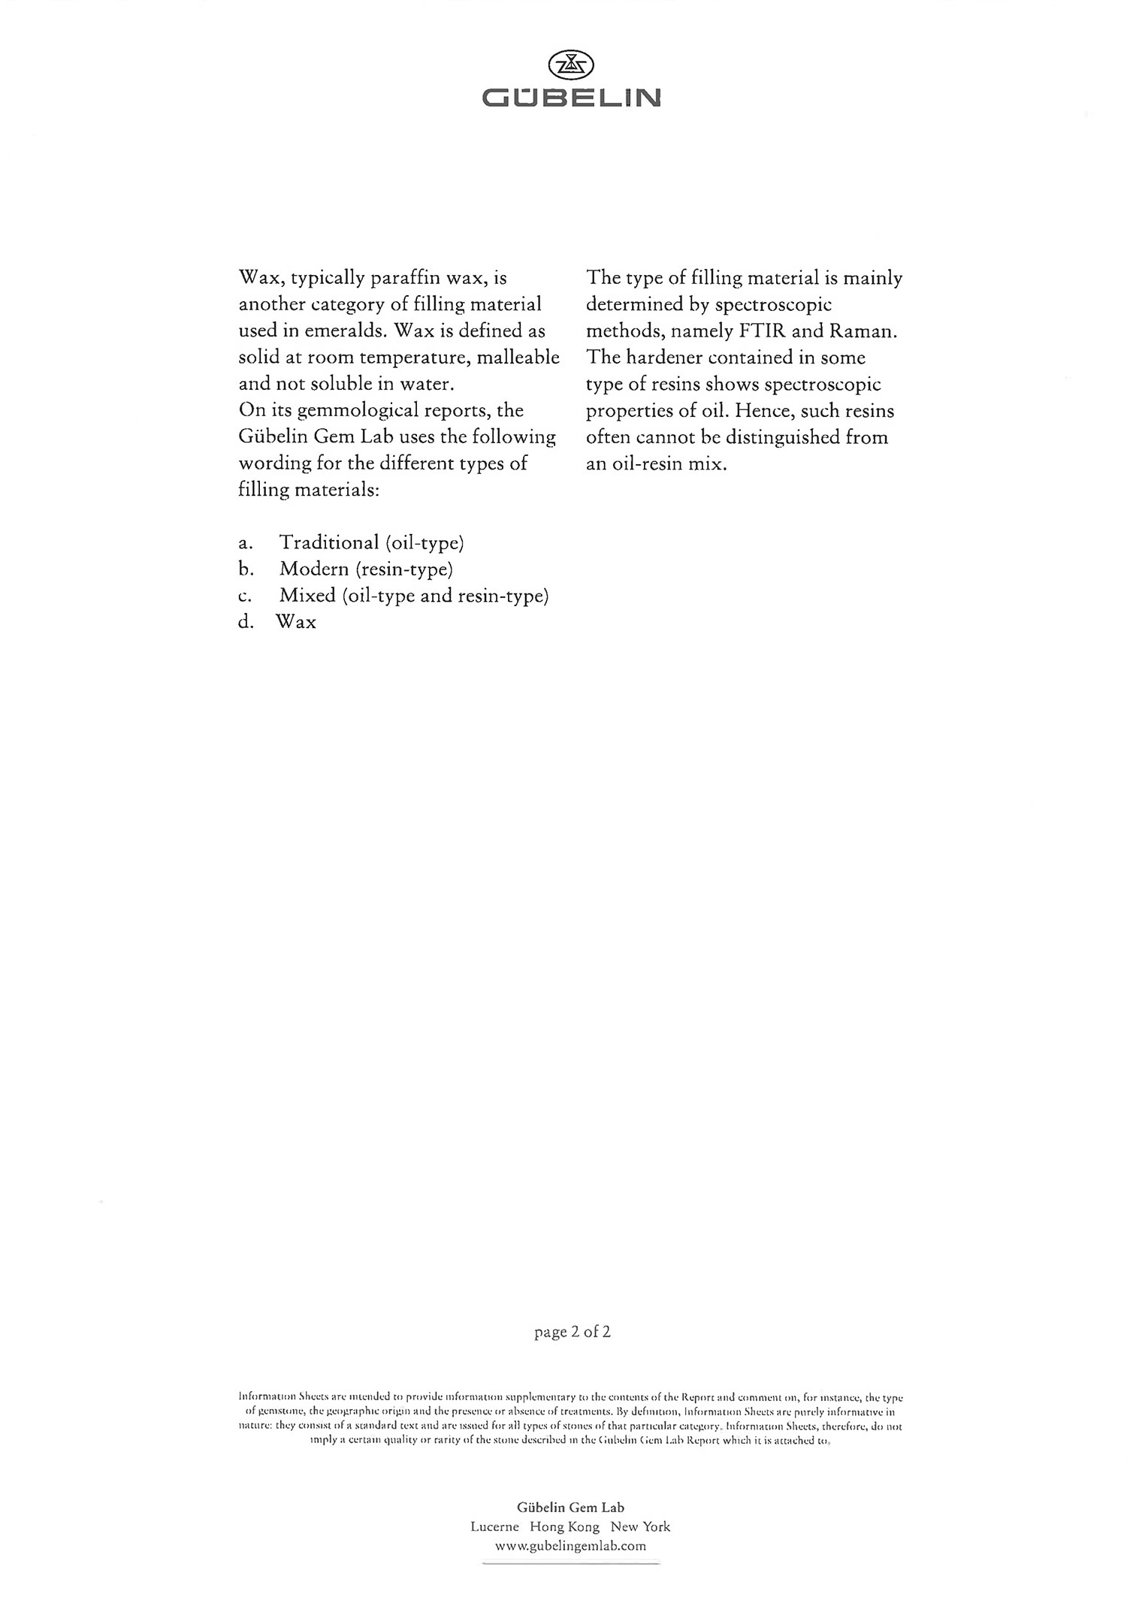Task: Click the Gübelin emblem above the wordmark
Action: click(x=571, y=65)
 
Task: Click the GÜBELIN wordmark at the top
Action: click(x=571, y=98)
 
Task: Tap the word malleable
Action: click(x=518, y=358)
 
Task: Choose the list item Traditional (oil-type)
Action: click(x=371, y=542)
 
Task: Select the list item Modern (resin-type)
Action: click(x=366, y=569)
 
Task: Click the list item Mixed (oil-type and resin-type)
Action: click(x=414, y=596)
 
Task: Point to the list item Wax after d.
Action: click(x=296, y=622)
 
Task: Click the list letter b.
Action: click(x=246, y=569)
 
